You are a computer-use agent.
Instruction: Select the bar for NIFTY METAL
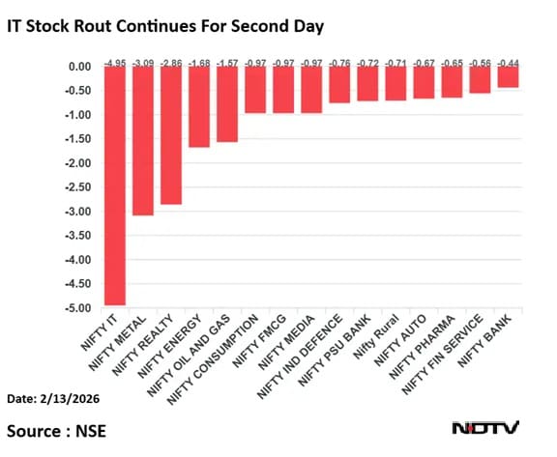pyautogui.click(x=143, y=141)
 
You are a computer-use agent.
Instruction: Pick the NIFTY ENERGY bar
pyautogui.click(x=199, y=106)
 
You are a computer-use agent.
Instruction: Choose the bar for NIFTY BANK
pyautogui.click(x=508, y=77)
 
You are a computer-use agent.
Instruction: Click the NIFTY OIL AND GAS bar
pyautogui.click(x=227, y=104)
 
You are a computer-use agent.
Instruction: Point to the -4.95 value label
pyautogui.click(x=115, y=60)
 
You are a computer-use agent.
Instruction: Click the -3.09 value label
pyautogui.click(x=143, y=60)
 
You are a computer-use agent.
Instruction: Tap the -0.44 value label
pyautogui.click(x=508, y=60)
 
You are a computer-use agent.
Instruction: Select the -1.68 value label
pyautogui.click(x=199, y=60)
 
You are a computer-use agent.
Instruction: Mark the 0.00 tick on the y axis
pyautogui.click(x=80, y=67)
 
